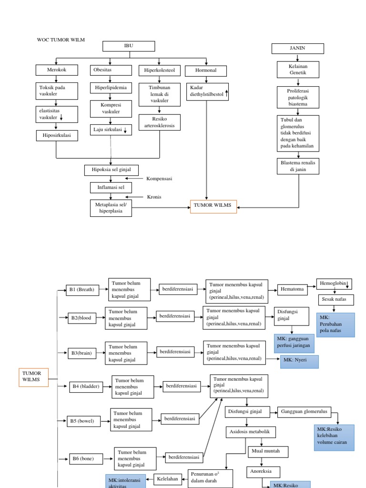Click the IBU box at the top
point(129,46)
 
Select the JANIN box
point(297,49)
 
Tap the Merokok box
point(56,70)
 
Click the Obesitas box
point(111,70)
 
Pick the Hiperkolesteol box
point(159,71)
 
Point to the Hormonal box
point(206,70)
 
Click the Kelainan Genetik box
point(298,70)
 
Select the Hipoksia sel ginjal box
point(112,170)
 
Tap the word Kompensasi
point(159,179)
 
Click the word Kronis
point(154,197)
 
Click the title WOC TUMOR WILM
point(61,40)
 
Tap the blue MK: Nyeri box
point(299,362)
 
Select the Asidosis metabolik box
point(251,432)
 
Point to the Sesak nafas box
point(335,300)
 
